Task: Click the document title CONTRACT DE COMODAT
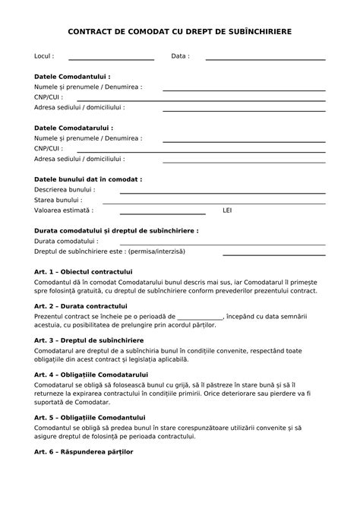179,32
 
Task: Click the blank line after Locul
111,58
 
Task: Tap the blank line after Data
265,58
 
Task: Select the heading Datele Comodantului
72,77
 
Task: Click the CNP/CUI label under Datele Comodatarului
48,149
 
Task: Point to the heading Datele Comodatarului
74,128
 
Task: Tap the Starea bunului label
58,200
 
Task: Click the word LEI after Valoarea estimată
227,210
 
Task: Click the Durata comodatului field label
66,241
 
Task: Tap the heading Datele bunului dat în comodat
88,179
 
